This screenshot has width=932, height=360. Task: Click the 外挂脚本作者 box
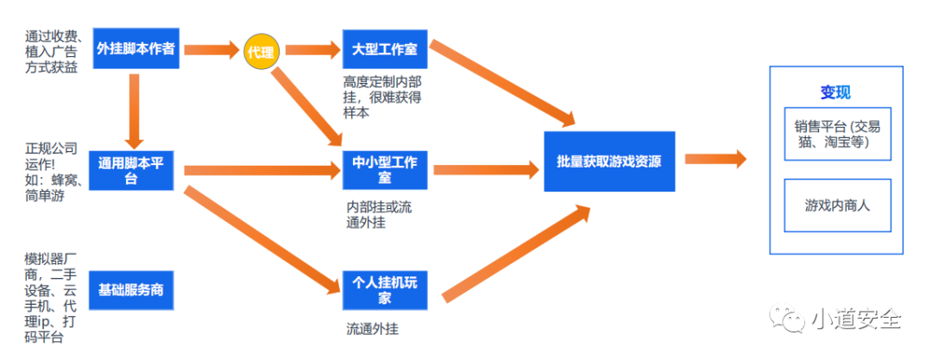pos(135,49)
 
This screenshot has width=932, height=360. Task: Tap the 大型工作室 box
pos(384,49)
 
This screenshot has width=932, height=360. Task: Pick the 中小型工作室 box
pos(384,170)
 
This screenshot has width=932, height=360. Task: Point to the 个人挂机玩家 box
pos(384,291)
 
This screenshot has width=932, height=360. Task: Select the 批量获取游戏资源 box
pos(609,161)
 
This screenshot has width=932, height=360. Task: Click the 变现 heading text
pos(835,93)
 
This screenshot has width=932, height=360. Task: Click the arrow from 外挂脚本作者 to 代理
pos(211,50)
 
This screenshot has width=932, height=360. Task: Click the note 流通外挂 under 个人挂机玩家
pos(373,329)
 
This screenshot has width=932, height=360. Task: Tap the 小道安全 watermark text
pos(854,319)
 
